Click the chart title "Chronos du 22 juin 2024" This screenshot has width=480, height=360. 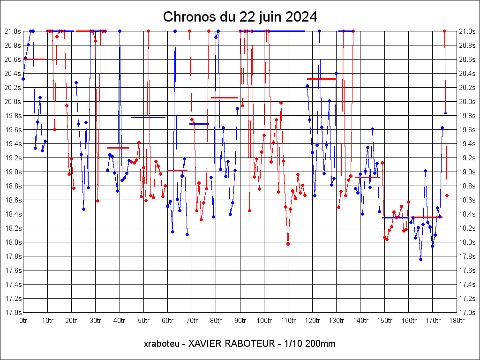point(240,17)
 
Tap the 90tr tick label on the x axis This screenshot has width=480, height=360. point(240,321)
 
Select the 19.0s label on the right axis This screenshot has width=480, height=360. point(467,172)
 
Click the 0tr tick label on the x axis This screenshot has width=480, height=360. point(23,321)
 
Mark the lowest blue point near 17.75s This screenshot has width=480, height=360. point(420,259)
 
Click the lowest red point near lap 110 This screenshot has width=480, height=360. point(288,244)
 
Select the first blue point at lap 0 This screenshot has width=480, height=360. point(23,79)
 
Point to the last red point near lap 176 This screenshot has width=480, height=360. point(447,195)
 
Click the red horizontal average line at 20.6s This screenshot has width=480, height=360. point(35,59)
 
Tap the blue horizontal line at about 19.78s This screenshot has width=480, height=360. point(148,117)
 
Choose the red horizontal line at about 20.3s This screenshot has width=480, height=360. point(322,79)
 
